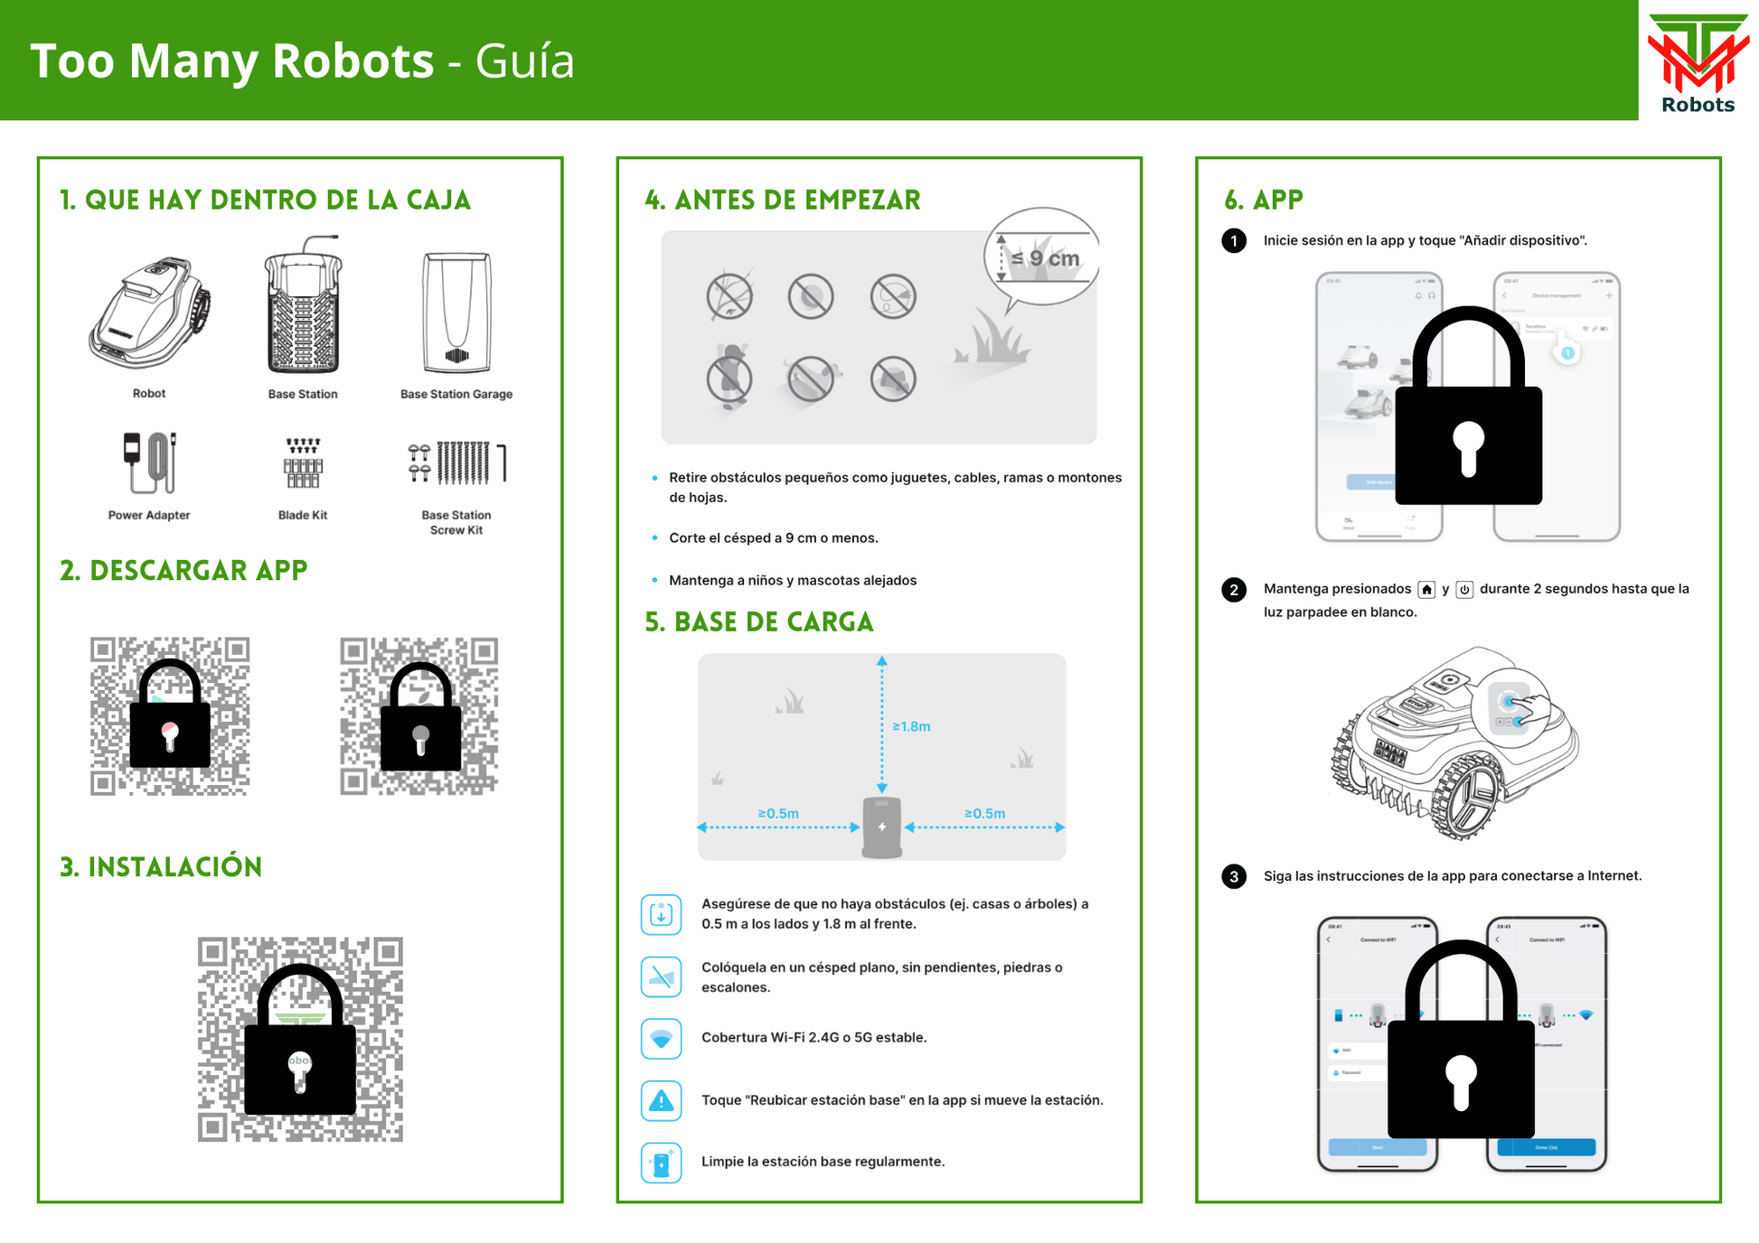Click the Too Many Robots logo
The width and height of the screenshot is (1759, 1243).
click(x=1697, y=61)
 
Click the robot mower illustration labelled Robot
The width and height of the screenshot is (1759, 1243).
click(x=149, y=312)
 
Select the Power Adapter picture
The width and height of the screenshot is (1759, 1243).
click(x=149, y=463)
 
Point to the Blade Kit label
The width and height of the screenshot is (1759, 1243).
click(x=303, y=515)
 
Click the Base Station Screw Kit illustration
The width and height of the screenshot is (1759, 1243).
click(x=456, y=463)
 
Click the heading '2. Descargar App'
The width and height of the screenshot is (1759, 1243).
click(x=183, y=571)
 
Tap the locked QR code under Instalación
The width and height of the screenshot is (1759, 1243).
click(x=300, y=1039)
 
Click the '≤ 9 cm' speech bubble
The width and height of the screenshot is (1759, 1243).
click(x=1042, y=257)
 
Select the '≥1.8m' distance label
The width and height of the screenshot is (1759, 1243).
click(x=911, y=726)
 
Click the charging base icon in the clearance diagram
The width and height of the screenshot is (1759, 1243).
click(x=882, y=827)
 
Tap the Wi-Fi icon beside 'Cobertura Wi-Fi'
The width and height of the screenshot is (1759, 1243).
click(x=661, y=1038)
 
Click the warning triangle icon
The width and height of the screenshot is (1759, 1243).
click(x=661, y=1100)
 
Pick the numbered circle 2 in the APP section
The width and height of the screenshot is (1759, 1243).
click(x=1234, y=590)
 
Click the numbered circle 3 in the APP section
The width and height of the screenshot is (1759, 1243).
click(x=1234, y=876)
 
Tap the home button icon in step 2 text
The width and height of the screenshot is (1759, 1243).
click(x=1426, y=590)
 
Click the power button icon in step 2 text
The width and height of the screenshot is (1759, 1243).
click(x=1464, y=590)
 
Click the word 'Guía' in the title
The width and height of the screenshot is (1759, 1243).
click(x=524, y=61)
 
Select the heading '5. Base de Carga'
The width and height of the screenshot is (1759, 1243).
click(x=759, y=622)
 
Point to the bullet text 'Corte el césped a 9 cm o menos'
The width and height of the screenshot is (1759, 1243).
click(x=773, y=538)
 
